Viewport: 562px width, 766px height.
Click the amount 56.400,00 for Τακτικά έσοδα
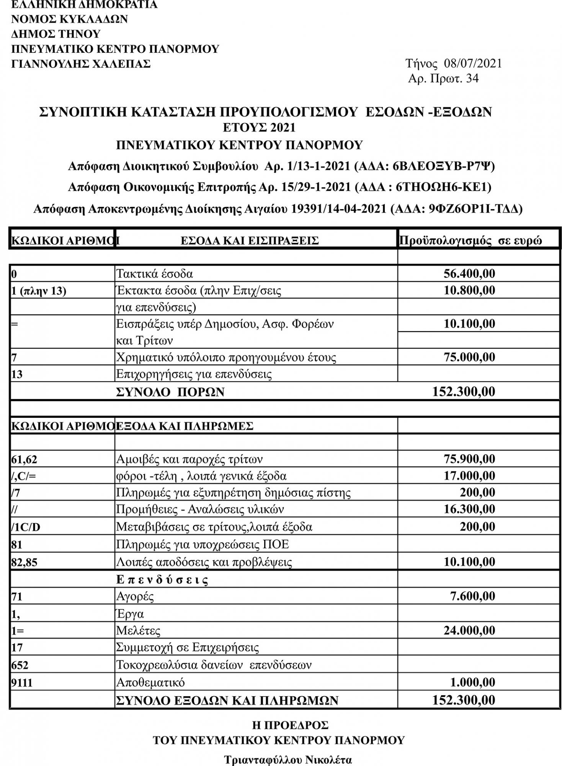469,273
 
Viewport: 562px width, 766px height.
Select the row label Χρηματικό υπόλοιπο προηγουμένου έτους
226,357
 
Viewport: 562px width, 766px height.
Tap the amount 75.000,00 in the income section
469,357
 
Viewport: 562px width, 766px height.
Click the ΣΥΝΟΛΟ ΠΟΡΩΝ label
170,392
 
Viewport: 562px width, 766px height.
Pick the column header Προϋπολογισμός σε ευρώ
471,241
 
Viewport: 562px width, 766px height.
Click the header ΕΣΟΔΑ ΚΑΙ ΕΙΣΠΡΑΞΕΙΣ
250,241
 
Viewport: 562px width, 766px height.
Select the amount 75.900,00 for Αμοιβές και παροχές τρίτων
469,459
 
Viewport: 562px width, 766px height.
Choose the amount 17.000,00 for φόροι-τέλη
469,476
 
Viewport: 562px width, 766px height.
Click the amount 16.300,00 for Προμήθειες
469,509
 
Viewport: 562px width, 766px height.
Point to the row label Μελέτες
138,630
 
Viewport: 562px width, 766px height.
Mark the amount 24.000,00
469,630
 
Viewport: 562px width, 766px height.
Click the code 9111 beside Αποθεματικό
22,683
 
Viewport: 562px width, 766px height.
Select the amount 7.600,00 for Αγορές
472,596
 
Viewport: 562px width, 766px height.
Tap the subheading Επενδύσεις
162,580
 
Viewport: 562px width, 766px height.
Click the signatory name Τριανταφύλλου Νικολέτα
288,759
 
